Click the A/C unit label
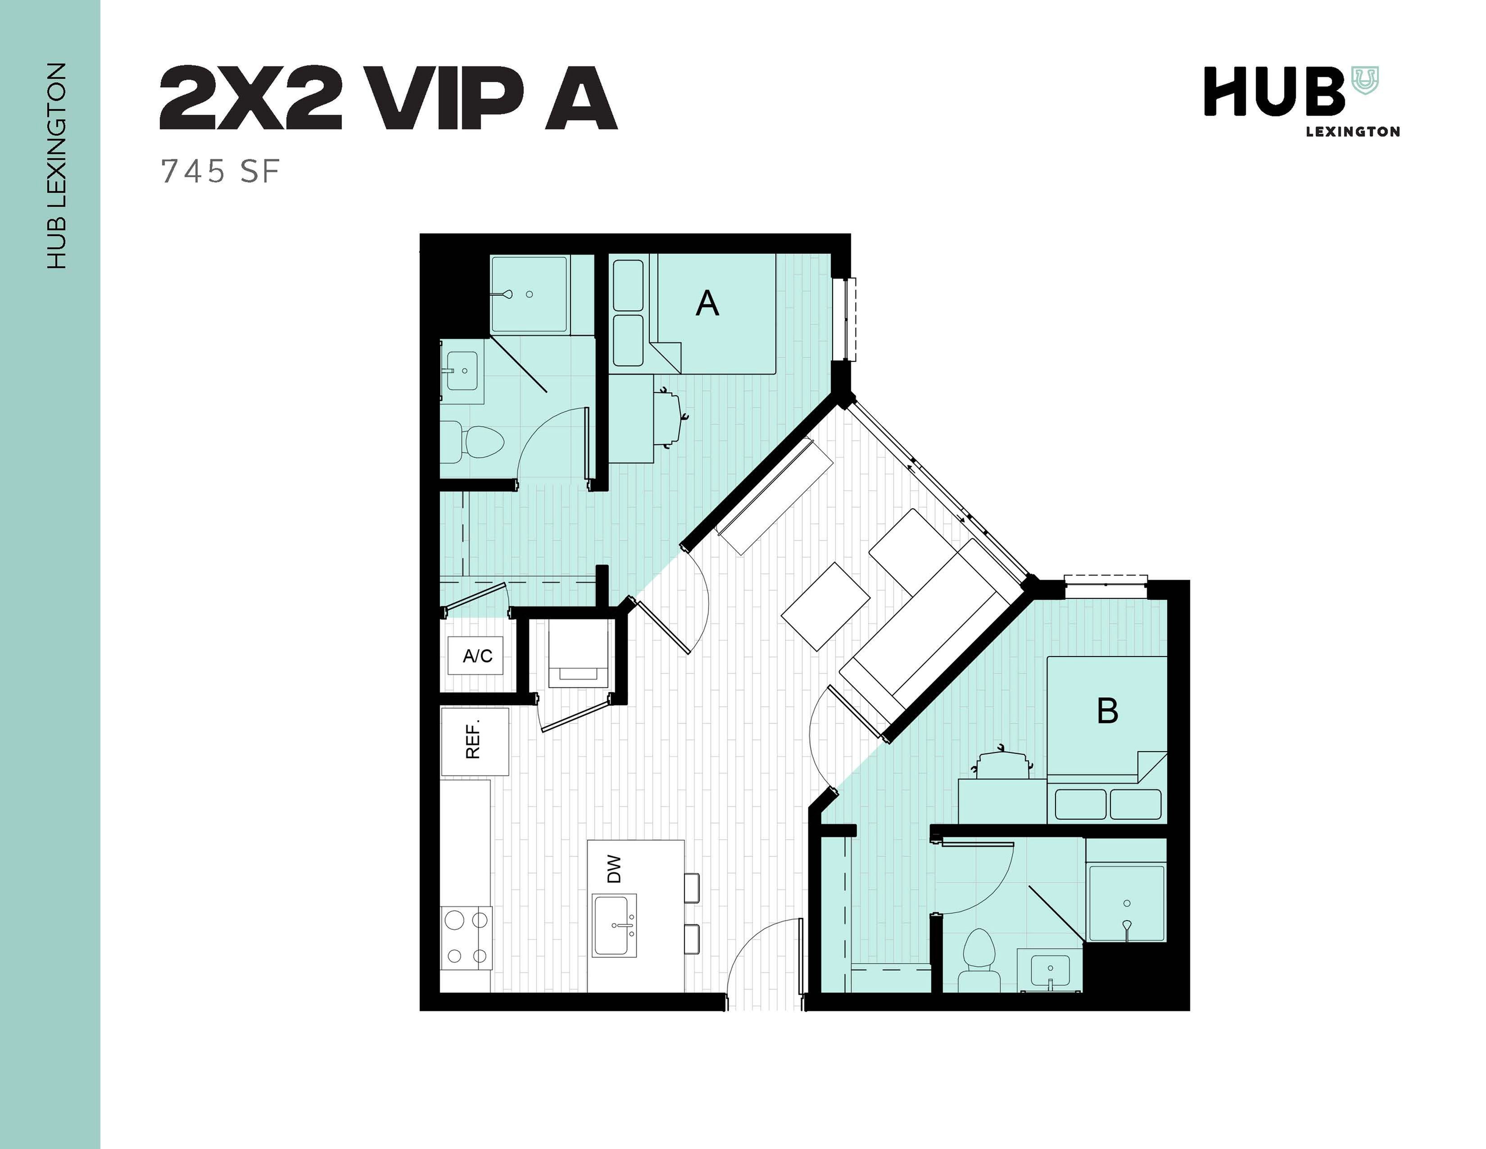tap(477, 656)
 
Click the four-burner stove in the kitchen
tap(466, 938)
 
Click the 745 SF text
tap(220, 172)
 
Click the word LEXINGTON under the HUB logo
tap(1353, 132)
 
